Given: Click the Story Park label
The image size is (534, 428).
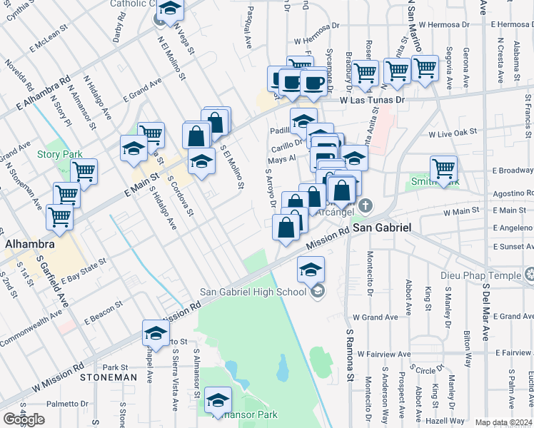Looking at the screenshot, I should pos(60,154).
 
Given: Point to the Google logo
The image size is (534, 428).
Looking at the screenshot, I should pos(24,419).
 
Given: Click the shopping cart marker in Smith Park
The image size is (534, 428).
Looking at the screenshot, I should pos(443,170).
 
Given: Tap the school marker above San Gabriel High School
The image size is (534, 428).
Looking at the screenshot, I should pos(311,270).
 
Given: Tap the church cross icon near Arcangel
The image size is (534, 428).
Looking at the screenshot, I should pos(366,208).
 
